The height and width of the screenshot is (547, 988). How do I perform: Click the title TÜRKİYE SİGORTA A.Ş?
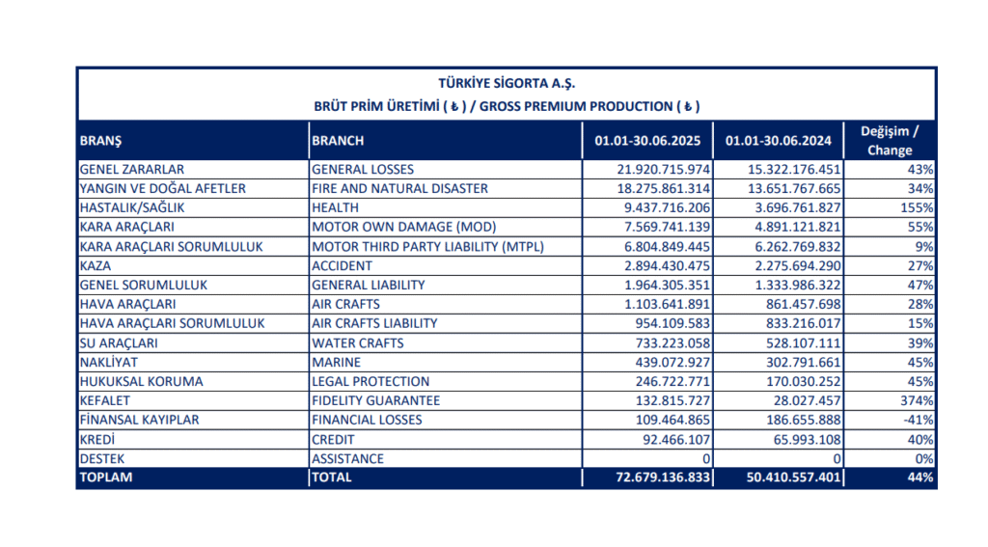pos(507,83)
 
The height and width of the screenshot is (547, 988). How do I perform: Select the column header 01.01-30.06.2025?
pos(647,141)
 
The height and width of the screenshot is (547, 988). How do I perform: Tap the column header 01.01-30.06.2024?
pos(779,141)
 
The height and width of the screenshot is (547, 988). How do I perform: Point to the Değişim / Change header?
pos(890,141)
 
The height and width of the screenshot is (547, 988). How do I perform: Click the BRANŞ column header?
pos(100,141)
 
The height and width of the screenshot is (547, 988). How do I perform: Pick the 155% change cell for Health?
pos(917,208)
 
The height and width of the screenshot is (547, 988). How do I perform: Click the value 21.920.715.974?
pos(664,170)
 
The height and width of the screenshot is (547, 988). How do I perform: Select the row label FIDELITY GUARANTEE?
pos(375,400)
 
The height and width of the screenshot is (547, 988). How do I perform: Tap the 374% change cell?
pos(917,400)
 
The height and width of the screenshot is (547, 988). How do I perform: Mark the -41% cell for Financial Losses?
pos(919,420)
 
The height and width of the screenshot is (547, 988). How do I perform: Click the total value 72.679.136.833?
pos(663,477)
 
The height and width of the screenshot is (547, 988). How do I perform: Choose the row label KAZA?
pos(96,266)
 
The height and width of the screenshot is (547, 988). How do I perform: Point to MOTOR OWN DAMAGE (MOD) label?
pos(404,227)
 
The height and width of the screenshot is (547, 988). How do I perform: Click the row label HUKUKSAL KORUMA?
pos(141,381)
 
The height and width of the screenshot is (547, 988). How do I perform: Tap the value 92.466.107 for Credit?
pos(676,439)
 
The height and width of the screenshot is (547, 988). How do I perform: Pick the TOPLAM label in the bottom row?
pos(106,477)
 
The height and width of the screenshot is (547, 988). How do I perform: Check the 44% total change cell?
pos(920,477)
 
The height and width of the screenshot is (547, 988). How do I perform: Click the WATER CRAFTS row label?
pos(357,342)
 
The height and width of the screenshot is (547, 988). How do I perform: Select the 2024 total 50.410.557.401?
pos(794,477)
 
